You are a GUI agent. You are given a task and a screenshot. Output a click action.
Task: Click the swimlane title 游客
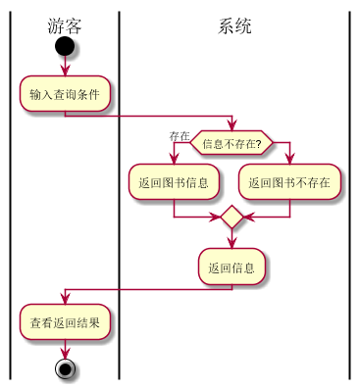pos(64,25)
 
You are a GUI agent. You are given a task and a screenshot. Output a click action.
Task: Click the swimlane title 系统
pos(234,25)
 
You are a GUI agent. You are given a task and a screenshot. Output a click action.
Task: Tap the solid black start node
pos(64,46)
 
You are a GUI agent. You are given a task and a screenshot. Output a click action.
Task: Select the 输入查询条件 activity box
pos(64,94)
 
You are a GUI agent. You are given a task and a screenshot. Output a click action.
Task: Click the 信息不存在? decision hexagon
pos(231,144)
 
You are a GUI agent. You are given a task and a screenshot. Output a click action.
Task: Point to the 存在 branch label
pos(179,136)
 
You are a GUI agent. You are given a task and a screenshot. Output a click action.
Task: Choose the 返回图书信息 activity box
pos(174,181)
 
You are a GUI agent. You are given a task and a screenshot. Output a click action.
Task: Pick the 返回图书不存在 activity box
pos(290,181)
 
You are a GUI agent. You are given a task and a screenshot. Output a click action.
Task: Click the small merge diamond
pos(231,216)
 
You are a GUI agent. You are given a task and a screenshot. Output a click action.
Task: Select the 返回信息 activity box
pos(231,267)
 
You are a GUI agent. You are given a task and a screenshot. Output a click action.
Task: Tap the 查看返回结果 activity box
pos(64,321)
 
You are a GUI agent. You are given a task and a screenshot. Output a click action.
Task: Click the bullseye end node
pos(65,368)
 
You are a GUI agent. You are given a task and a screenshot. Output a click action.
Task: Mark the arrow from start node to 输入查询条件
pos(64,66)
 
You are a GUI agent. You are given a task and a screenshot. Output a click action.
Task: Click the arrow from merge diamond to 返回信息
pos(231,238)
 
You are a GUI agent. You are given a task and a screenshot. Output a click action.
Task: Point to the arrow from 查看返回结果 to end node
pos(65,348)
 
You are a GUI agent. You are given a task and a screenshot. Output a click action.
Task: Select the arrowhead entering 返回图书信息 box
pos(174,160)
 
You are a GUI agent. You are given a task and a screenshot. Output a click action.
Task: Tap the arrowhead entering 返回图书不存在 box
pos(290,160)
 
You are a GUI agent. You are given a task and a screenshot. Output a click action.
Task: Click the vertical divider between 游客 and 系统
pos(119,196)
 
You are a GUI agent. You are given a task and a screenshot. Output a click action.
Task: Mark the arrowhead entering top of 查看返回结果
pos(64,300)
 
